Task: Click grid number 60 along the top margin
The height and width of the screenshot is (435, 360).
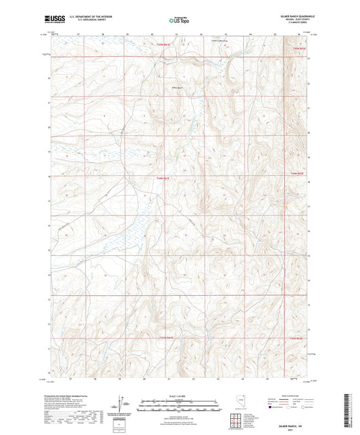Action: (x=152, y=32)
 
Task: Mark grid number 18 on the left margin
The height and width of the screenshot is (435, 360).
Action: (x=49, y=176)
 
